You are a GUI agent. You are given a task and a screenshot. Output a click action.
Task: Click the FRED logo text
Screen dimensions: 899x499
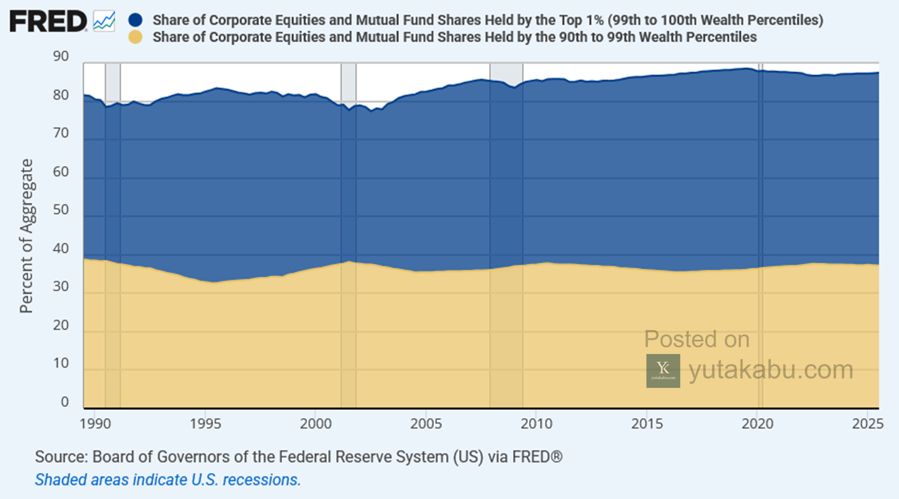(48, 21)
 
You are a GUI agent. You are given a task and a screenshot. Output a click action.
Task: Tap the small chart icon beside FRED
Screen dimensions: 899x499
(105, 21)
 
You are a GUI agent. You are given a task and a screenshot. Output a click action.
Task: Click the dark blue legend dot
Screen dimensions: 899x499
(135, 19)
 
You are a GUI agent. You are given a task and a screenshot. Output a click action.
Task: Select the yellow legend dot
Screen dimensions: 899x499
(135, 37)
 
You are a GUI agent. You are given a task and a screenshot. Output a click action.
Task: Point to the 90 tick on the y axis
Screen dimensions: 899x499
(60, 56)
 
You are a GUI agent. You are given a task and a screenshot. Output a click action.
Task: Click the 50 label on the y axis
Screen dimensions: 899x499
(60, 210)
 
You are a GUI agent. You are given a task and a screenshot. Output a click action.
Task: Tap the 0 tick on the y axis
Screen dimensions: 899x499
(65, 402)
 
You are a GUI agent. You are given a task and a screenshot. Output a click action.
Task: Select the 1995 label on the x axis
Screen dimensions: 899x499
(205, 424)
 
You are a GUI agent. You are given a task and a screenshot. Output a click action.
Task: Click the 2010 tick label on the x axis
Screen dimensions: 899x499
(536, 424)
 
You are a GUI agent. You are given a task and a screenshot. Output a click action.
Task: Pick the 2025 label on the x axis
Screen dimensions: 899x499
(867, 424)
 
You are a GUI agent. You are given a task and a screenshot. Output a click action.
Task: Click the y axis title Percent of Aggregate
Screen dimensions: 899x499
(26, 236)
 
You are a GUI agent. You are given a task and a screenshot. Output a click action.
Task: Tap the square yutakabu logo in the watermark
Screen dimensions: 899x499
(663, 370)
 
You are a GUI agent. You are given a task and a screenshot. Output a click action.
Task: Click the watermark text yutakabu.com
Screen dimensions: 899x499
(771, 370)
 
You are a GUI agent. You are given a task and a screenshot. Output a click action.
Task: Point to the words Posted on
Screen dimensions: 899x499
(697, 339)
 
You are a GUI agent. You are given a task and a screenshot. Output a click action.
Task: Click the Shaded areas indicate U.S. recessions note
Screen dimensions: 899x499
(168, 480)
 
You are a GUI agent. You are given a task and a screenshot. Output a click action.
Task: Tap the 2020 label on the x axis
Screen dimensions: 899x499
(757, 424)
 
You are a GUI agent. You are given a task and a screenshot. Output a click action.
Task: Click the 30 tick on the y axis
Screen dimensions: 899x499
(60, 286)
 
